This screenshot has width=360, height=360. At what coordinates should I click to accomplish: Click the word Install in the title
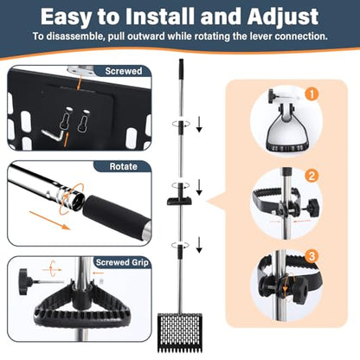pos(160,16)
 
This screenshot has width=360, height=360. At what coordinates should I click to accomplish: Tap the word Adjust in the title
pos(283,17)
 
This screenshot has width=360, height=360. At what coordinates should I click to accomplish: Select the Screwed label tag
pos(123,71)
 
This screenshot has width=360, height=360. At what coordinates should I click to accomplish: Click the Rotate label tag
pos(123,166)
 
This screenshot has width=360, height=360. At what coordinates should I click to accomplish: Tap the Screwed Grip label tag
pos(122,262)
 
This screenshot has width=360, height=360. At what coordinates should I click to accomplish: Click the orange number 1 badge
pos(312,94)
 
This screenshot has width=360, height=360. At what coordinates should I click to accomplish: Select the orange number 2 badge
pos(312,175)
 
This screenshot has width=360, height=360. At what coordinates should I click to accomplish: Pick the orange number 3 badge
pos(312,256)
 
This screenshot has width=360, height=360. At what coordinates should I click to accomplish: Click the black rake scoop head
pos(181,332)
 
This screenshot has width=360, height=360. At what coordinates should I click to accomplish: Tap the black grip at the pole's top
pos(181,69)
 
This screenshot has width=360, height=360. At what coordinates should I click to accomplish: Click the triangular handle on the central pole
pos(180,200)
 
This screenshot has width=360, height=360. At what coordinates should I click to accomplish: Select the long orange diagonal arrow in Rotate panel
pos(49,221)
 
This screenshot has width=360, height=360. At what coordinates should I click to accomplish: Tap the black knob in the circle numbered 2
pos(313,208)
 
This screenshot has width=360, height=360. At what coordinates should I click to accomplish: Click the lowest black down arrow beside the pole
pos(199,245)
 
